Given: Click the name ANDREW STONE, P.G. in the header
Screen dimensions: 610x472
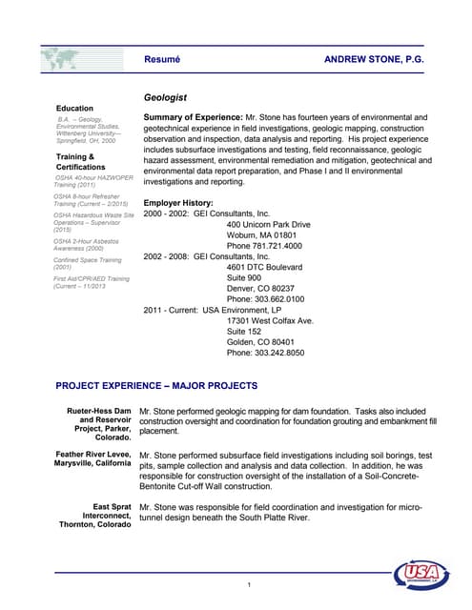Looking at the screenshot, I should coord(374,59).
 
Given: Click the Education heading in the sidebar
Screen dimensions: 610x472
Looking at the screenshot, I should coord(75,108).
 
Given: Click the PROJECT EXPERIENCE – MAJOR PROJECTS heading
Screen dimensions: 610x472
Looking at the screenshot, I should coord(156,386).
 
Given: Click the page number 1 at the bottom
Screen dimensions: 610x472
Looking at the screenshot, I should coord(247,584).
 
